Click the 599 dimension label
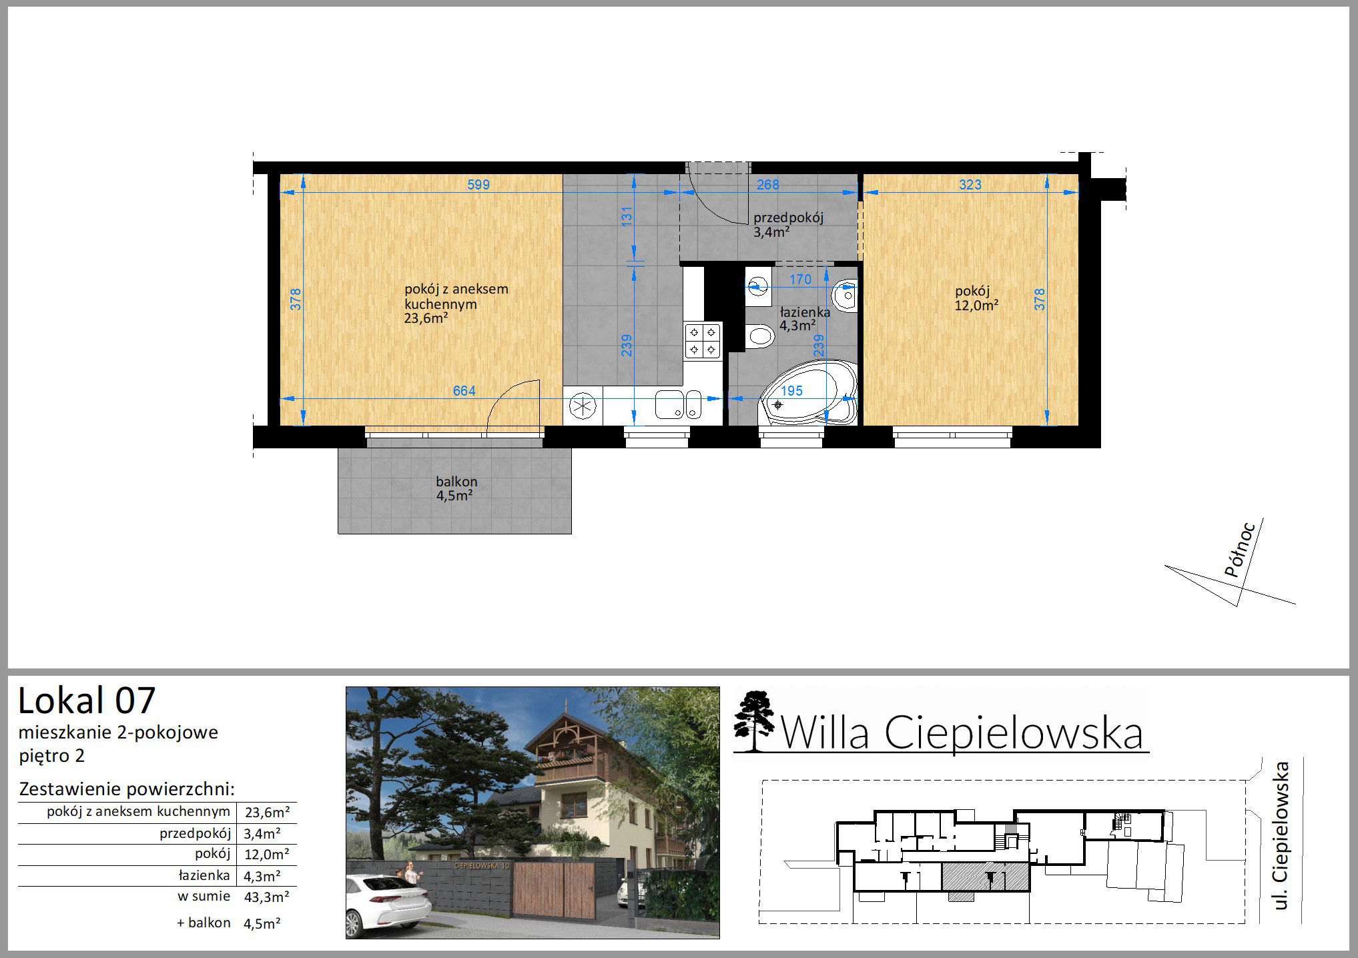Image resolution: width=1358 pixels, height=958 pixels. [478, 185]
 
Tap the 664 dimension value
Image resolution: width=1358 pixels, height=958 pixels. [464, 391]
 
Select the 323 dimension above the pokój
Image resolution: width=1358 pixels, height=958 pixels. [970, 185]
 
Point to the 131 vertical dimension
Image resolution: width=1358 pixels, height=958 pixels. [626, 217]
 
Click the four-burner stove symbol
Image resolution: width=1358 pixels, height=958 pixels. [703, 340]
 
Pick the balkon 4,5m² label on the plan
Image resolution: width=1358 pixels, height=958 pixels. [456, 488]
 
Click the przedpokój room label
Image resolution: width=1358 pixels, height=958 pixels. [789, 217]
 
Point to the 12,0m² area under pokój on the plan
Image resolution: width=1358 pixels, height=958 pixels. [976, 306]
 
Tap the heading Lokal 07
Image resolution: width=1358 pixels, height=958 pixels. [87, 701]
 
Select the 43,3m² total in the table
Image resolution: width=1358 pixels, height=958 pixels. [267, 897]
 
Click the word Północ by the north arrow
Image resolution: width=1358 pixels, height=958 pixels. [1241, 549]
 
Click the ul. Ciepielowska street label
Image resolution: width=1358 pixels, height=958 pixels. [1280, 836]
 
